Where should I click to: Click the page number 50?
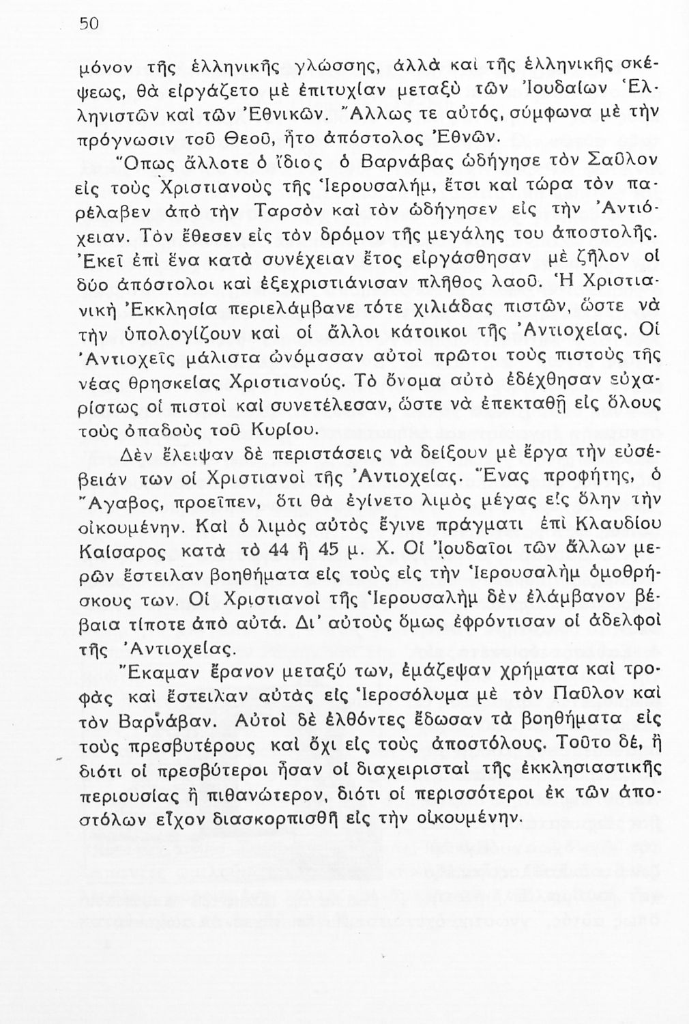coord(89,23)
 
